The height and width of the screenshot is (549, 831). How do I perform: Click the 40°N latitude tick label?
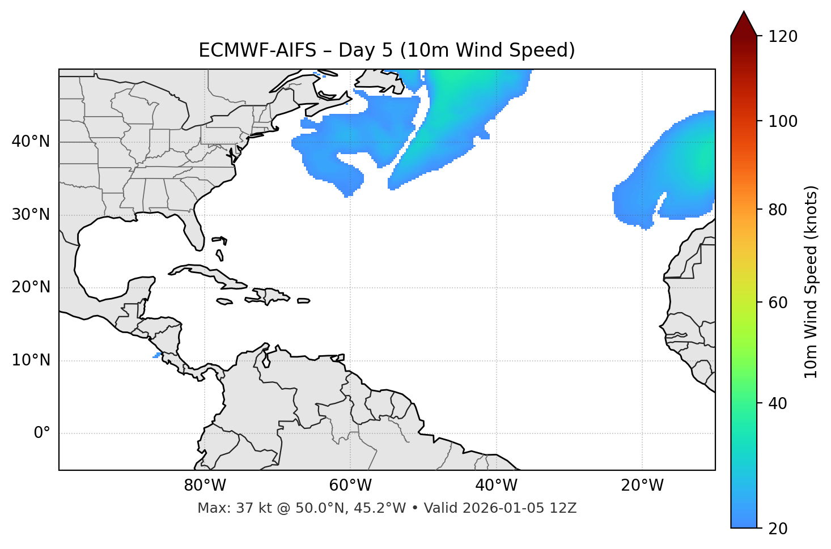click(31, 142)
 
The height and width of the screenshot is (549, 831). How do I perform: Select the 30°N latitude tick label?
click(31, 215)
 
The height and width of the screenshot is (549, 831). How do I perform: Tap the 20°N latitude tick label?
click(31, 287)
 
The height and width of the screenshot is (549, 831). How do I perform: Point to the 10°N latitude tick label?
click(31, 360)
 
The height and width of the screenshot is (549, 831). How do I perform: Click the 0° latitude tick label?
click(41, 433)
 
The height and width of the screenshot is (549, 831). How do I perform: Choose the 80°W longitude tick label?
click(205, 486)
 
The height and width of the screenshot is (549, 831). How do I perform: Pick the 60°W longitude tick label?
click(350, 486)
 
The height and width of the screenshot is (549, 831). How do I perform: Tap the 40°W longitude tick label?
click(496, 486)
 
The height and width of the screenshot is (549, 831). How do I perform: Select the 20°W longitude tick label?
click(642, 486)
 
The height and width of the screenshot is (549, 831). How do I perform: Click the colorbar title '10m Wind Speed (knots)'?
click(811, 282)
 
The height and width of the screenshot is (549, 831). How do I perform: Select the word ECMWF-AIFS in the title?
click(257, 50)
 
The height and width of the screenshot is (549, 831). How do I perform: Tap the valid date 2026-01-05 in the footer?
click(504, 508)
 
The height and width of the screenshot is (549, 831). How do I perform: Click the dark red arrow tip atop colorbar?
click(744, 23)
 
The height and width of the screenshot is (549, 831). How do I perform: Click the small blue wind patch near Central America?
click(157, 355)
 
